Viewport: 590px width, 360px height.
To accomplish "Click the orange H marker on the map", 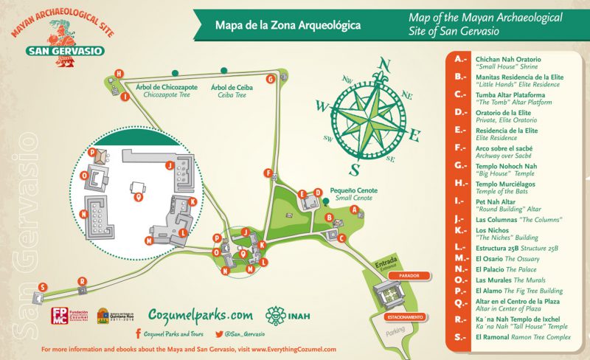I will point(119,72).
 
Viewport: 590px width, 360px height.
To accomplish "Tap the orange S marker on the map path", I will point(44,286).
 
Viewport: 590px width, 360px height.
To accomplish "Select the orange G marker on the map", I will point(271,78).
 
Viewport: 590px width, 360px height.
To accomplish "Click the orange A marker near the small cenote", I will point(354,210).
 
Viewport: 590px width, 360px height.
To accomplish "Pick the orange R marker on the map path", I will point(82,281).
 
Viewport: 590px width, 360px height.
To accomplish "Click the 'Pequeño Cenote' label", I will point(353,190).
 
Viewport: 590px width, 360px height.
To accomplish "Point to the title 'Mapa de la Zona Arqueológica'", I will point(288,25).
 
